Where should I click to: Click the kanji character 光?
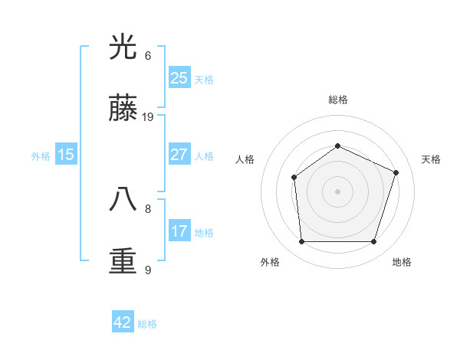pyautogui.click(x=123, y=47)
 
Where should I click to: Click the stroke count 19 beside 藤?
pyautogui.click(x=148, y=117)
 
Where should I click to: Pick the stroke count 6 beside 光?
pyautogui.click(x=148, y=55)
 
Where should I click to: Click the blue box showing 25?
pyautogui.click(x=179, y=78)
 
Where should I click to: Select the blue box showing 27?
pyautogui.click(x=179, y=155)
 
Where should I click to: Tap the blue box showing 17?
pyautogui.click(x=179, y=231)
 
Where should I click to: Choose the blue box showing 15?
pyautogui.click(x=66, y=155)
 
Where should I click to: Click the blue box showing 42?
pyautogui.click(x=123, y=322)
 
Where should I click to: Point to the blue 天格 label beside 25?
pyautogui.click(x=204, y=80)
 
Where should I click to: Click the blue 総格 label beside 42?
pyautogui.click(x=147, y=324)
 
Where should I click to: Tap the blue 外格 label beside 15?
pyautogui.click(x=41, y=156)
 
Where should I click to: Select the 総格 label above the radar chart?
pyautogui.click(x=337, y=100)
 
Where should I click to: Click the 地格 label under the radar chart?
pyautogui.click(x=402, y=263)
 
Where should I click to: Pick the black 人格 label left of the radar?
pyautogui.click(x=245, y=159)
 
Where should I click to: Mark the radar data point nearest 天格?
pyautogui.click(x=396, y=172)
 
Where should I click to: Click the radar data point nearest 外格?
pyautogui.click(x=301, y=242)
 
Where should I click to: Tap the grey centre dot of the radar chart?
pyautogui.click(x=337, y=191)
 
